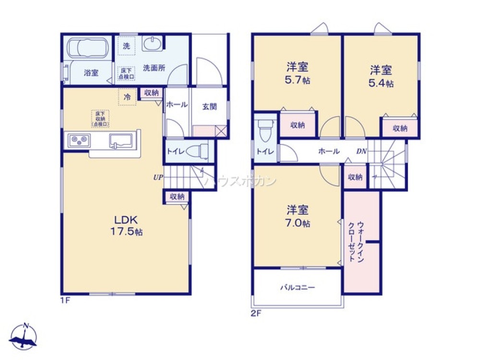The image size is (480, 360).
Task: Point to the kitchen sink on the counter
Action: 121,141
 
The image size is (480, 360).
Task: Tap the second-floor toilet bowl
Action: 264,128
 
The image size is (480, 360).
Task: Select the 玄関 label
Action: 209,106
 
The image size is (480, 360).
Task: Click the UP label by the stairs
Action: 158,178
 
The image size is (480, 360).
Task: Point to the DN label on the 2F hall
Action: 361,151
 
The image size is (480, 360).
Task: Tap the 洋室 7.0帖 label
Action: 298,216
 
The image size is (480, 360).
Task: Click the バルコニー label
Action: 298,288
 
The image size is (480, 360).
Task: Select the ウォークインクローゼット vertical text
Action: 356,241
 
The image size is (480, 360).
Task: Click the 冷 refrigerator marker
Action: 127,97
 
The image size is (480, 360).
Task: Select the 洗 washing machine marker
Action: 126,47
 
